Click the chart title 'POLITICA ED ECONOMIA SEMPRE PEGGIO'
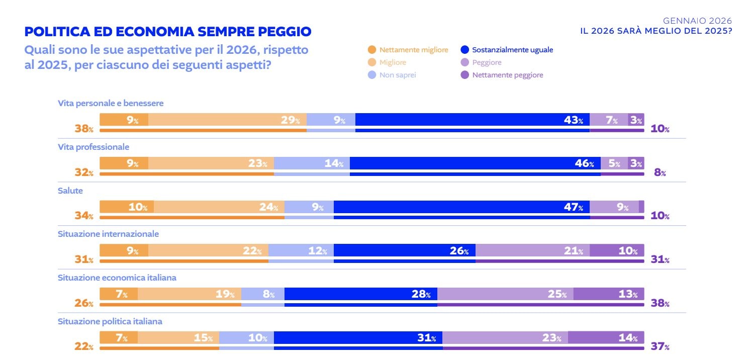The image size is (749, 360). [168, 32]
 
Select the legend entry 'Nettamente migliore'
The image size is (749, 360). [408, 50]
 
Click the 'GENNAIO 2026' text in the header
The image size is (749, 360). [697, 21]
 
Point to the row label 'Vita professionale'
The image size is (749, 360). [93, 147]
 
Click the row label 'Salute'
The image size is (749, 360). [70, 191]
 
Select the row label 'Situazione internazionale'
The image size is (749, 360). [108, 234]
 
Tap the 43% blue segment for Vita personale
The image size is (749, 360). [472, 120]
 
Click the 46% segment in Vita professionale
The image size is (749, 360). [475, 163]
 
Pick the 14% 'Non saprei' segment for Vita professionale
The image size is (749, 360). [312, 163]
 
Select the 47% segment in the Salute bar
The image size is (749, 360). [461, 207]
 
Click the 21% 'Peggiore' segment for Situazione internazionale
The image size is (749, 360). [532, 250]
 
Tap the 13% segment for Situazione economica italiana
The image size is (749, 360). [608, 294]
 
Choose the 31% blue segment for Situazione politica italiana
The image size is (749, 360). [358, 337]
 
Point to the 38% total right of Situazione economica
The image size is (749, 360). [660, 303]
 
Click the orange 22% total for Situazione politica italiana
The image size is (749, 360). [84, 347]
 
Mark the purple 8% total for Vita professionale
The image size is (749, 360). [660, 173]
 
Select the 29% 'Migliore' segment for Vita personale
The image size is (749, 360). [227, 120]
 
